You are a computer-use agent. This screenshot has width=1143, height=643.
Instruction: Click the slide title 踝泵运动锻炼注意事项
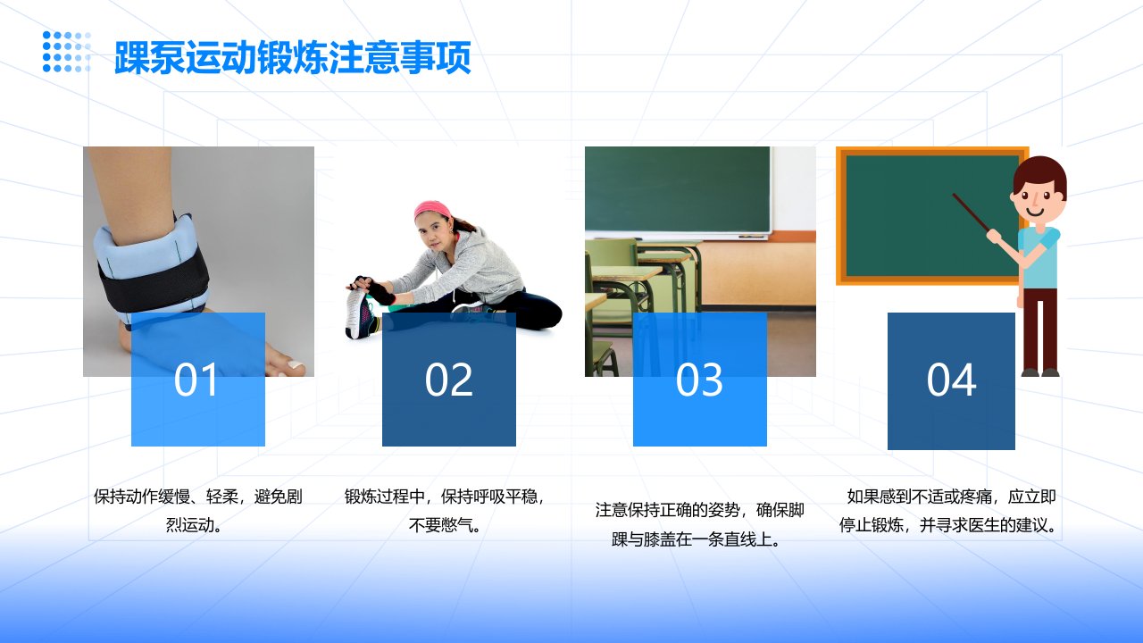tap(292, 58)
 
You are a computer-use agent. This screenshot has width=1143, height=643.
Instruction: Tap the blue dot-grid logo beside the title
tap(67, 52)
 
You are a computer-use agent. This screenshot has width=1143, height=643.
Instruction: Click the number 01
tap(196, 380)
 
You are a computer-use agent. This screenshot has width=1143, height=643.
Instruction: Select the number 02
tap(448, 380)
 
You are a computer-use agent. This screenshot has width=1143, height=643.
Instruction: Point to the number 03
tap(699, 380)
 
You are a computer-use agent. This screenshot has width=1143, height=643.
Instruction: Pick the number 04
tap(951, 380)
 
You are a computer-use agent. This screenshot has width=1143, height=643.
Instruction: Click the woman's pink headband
tap(431, 209)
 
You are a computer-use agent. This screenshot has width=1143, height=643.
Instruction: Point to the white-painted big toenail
tap(296, 365)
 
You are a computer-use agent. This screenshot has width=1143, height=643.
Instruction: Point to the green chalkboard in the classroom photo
tap(677, 189)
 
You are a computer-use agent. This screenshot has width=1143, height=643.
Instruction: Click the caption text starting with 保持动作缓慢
tap(197, 510)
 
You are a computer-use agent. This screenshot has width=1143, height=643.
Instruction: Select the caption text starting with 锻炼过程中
tap(445, 510)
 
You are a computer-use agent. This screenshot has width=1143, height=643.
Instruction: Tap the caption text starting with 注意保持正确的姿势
tap(699, 524)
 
